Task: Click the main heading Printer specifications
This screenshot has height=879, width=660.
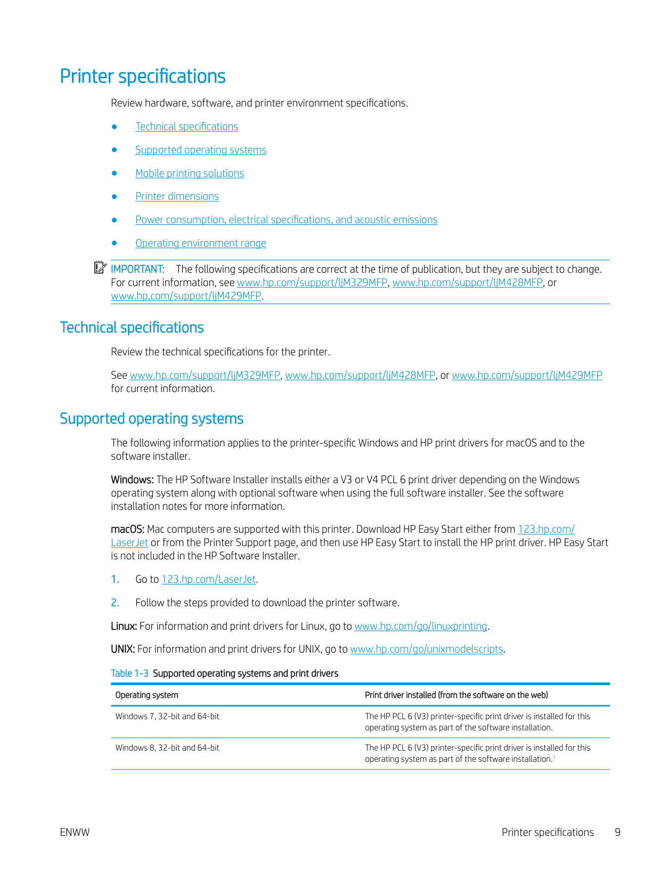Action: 143,76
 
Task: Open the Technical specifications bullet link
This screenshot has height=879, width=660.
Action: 186,127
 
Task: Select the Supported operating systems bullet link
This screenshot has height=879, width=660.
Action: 200,150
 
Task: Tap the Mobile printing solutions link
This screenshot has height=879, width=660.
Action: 189,174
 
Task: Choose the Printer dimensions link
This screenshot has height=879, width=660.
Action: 177,197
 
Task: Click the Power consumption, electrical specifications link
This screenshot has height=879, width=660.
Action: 286,220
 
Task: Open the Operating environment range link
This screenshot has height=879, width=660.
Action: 200,243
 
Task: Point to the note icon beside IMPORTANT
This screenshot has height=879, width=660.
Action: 100,268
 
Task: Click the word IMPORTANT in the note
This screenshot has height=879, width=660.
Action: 137,269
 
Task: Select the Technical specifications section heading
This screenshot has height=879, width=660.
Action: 132,328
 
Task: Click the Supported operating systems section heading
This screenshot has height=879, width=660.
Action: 151,419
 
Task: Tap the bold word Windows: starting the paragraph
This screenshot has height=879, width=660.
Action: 132,480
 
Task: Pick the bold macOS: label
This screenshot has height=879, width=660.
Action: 127,530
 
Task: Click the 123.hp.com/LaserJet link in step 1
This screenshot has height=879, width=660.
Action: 209,580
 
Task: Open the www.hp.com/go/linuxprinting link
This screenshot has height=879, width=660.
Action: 421,626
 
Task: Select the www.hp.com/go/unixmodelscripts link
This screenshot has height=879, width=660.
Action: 426,649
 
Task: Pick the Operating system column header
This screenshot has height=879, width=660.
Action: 147,695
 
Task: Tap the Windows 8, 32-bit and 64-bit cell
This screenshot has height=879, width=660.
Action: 167,748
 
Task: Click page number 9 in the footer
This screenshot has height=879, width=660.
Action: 617,833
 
